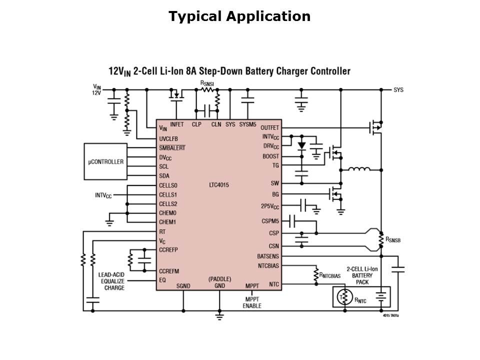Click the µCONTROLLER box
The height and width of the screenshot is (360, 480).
(105, 161)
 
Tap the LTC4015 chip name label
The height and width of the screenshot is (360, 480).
(219, 185)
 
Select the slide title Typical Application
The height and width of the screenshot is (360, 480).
(239, 16)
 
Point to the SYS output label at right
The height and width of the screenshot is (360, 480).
(398, 90)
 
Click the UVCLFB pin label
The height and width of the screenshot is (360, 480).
(168, 138)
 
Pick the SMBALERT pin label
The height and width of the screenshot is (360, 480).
(172, 148)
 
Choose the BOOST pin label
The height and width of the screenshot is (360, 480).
(270, 156)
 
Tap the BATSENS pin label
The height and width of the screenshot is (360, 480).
(267, 256)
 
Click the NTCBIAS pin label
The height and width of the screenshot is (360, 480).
(268, 265)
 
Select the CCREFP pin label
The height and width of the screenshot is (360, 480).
(168, 248)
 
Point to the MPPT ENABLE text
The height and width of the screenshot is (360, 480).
(252, 302)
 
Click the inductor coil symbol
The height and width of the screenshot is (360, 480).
(359, 169)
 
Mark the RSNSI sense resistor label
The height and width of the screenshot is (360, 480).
(207, 83)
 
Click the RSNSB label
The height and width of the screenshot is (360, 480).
(392, 240)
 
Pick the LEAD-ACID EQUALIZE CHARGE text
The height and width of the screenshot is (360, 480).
(111, 281)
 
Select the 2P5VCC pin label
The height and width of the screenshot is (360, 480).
(270, 206)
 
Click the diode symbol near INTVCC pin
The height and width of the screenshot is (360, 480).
(301, 145)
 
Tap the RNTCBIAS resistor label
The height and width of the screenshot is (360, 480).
(330, 275)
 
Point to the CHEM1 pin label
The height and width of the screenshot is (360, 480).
(167, 221)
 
